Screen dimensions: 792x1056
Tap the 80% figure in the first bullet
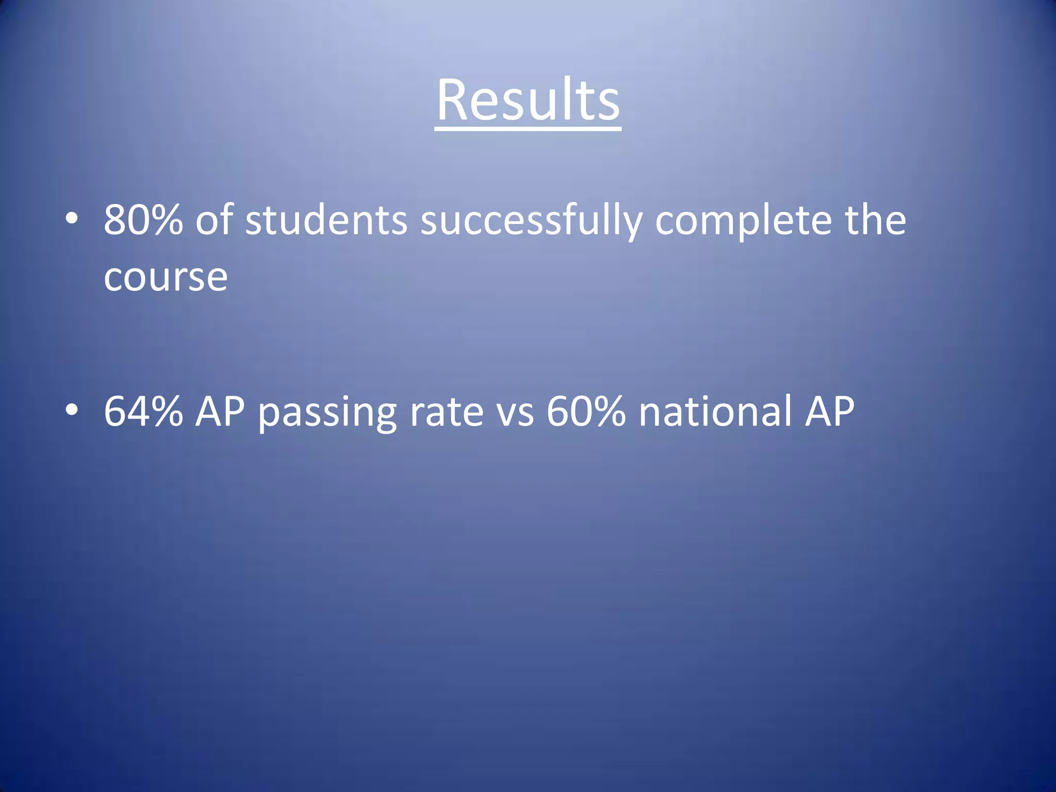click(143, 220)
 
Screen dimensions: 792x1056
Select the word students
click(326, 220)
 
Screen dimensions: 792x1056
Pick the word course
click(166, 278)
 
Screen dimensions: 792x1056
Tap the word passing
click(327, 412)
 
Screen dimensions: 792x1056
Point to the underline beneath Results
click(528, 128)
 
